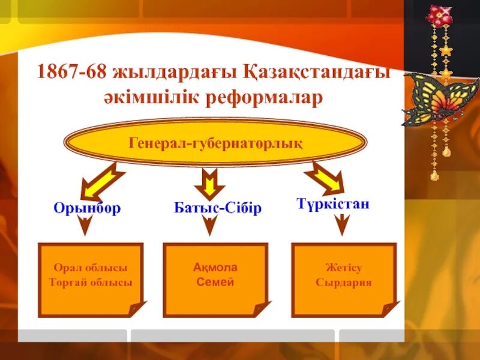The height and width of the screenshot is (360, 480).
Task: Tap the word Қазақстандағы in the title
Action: coord(317,73)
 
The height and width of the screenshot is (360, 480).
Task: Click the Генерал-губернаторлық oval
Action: coord(215,143)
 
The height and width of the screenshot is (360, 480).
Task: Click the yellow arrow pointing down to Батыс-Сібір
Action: coord(209,181)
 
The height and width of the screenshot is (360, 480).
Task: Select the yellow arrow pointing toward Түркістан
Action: coord(323,179)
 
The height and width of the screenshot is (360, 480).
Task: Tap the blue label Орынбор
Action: coord(87,208)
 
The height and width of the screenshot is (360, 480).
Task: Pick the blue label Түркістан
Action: coord(333,204)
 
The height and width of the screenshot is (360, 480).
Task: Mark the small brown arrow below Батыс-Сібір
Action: coord(209,226)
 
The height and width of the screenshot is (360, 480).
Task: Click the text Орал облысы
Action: coord(91,268)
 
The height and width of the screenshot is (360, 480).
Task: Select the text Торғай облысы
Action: coord(91,282)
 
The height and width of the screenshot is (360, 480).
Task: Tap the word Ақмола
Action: coord(215,268)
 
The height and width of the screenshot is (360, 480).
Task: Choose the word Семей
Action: coord(215,281)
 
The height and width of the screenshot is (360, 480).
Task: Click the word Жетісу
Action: coord(344,268)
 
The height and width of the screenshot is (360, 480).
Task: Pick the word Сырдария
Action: coord(344,282)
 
